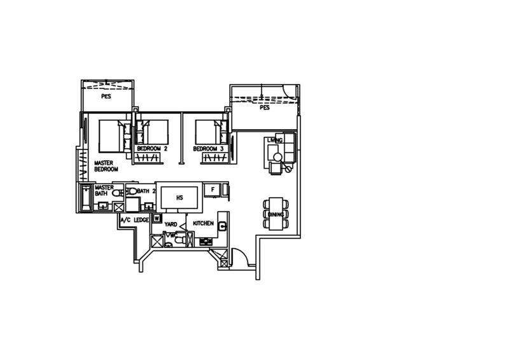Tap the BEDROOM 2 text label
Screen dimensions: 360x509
pos(151,148)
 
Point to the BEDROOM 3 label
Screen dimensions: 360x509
pos(207,148)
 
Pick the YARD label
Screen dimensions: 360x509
pos(171,225)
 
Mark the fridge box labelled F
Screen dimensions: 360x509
pos(214,190)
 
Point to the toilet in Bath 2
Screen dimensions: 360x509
pos(130,190)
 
